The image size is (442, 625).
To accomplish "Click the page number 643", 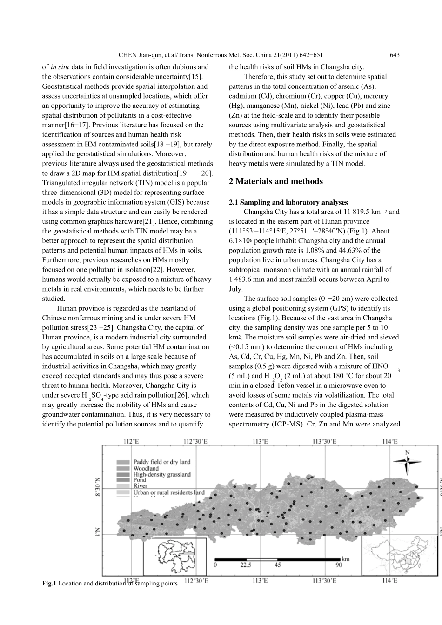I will click(395, 55).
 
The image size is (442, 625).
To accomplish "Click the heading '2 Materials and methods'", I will click(276, 181).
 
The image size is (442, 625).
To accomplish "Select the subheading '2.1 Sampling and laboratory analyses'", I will click(288, 202).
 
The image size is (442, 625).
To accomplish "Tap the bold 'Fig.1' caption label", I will click(49, 583).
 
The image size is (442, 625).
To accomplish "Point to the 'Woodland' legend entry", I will click(146, 468).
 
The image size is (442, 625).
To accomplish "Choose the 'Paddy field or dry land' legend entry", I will click(162, 462).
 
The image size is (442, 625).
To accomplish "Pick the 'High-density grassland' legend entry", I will click(162, 474).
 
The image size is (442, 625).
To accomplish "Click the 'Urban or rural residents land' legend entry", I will click(168, 492).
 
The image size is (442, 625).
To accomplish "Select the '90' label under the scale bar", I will click(338, 565).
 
